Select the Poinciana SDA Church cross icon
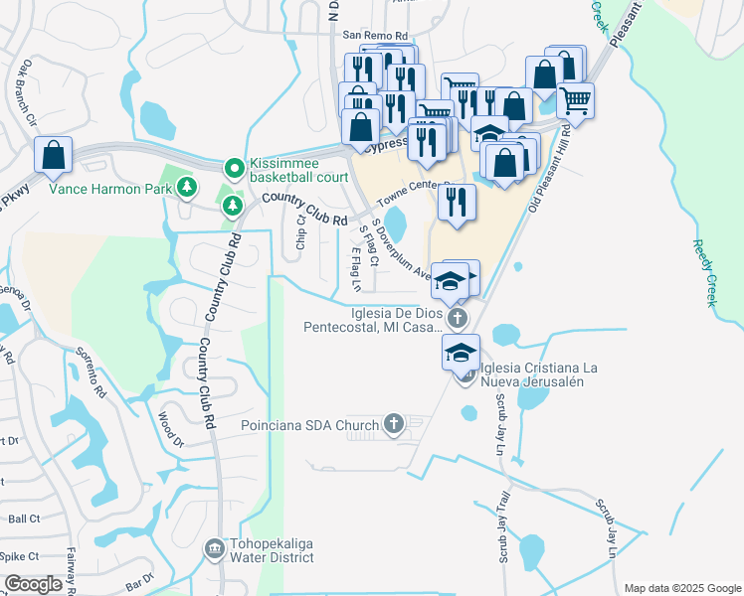click(394, 424)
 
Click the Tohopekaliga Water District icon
click(214, 548)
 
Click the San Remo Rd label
click(368, 35)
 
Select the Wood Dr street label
click(171, 427)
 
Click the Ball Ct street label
click(24, 519)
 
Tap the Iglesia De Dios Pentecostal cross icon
click(457, 319)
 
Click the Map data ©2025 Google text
click(681, 587)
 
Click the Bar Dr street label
click(142, 578)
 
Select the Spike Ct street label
click(19, 556)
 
